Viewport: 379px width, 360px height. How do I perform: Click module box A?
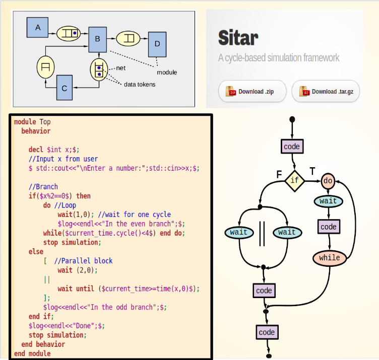[38, 27]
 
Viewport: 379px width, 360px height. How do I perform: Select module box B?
[98, 39]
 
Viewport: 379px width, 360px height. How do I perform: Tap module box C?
[65, 88]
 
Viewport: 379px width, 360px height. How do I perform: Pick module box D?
[157, 44]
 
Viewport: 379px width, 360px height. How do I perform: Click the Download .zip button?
[252, 92]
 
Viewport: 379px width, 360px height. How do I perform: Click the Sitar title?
[238, 38]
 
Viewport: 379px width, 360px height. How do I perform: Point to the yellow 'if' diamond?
[295, 180]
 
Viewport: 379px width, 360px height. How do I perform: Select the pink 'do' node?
[328, 180]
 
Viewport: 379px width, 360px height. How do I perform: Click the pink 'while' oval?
[330, 258]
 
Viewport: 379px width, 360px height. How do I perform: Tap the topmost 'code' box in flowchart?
[292, 147]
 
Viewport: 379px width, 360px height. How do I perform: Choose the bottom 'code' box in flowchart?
[267, 332]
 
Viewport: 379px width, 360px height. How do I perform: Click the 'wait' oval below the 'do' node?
[329, 201]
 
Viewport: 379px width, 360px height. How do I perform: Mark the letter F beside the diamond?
[279, 174]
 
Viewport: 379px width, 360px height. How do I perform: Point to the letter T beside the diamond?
[312, 172]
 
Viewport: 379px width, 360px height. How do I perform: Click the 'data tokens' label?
[140, 84]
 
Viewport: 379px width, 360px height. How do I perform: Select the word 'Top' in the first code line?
[45, 122]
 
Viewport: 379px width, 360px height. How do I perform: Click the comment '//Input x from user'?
[63, 159]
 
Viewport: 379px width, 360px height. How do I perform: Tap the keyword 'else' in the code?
[36, 251]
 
